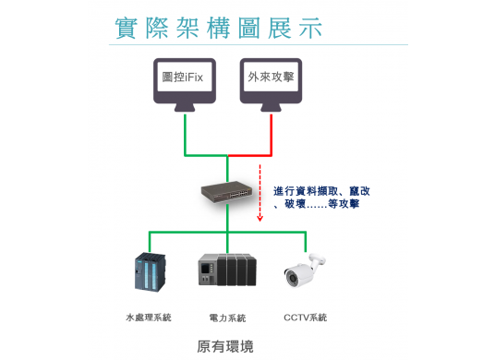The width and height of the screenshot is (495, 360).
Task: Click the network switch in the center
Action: pos(226,191)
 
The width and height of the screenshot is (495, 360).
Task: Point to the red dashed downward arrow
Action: pos(260,194)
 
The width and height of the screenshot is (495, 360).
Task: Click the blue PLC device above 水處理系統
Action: pos(148,272)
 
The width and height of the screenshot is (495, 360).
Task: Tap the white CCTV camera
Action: pos(305,270)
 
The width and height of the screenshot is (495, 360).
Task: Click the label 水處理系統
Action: pos(148,318)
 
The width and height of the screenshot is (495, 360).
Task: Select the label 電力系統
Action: pos(227,318)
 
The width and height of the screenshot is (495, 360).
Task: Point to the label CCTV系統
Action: pos(305,318)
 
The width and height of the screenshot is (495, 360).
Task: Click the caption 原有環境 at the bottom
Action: pos(225,347)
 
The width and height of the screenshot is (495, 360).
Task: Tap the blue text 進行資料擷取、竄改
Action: pos(321,191)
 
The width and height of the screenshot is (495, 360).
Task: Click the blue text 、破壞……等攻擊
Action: pos(316,204)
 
